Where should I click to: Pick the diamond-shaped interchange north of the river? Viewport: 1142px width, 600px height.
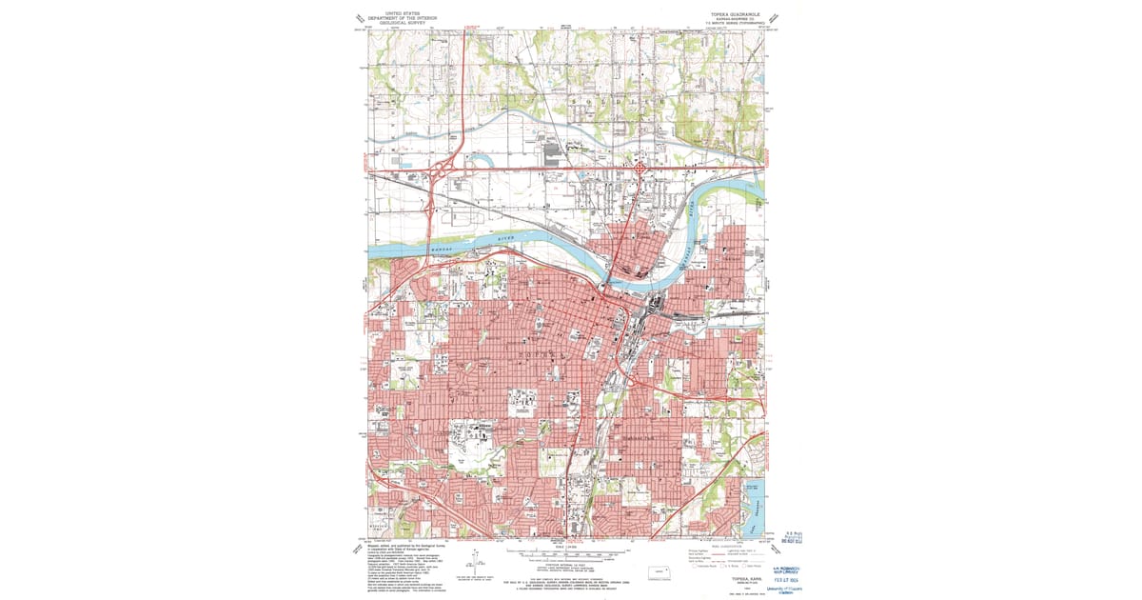click(x=641, y=170)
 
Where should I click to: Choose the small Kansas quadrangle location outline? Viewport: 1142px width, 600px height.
click(x=656, y=572)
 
